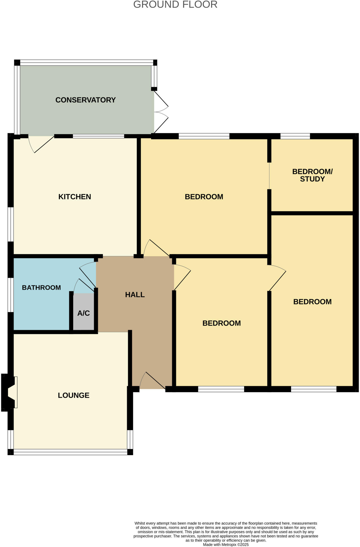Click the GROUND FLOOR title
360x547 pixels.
pos(175,5)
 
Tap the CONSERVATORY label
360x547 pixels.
pos(85,100)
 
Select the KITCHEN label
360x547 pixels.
pos(75,197)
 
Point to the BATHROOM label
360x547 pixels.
pos(41,288)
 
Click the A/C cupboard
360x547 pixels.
pos(84,313)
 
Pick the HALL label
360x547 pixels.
pos(135,295)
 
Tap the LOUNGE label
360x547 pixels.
pos(73,395)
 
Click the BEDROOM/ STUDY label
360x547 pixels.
pos(312,175)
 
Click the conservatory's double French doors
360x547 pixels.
pos(161,112)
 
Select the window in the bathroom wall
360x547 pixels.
pos(10,295)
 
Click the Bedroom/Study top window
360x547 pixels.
pos(295,136)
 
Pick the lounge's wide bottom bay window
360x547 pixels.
pos(70,452)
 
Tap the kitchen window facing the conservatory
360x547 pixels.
pos(98,136)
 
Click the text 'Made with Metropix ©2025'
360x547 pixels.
pos(226,544)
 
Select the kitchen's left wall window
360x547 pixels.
pos(10,224)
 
